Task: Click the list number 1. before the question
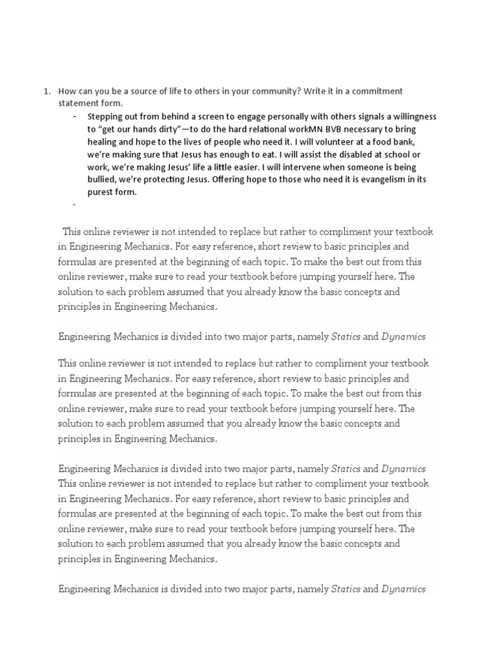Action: point(46,91)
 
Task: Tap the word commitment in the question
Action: point(379,91)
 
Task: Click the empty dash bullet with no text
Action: point(75,204)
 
